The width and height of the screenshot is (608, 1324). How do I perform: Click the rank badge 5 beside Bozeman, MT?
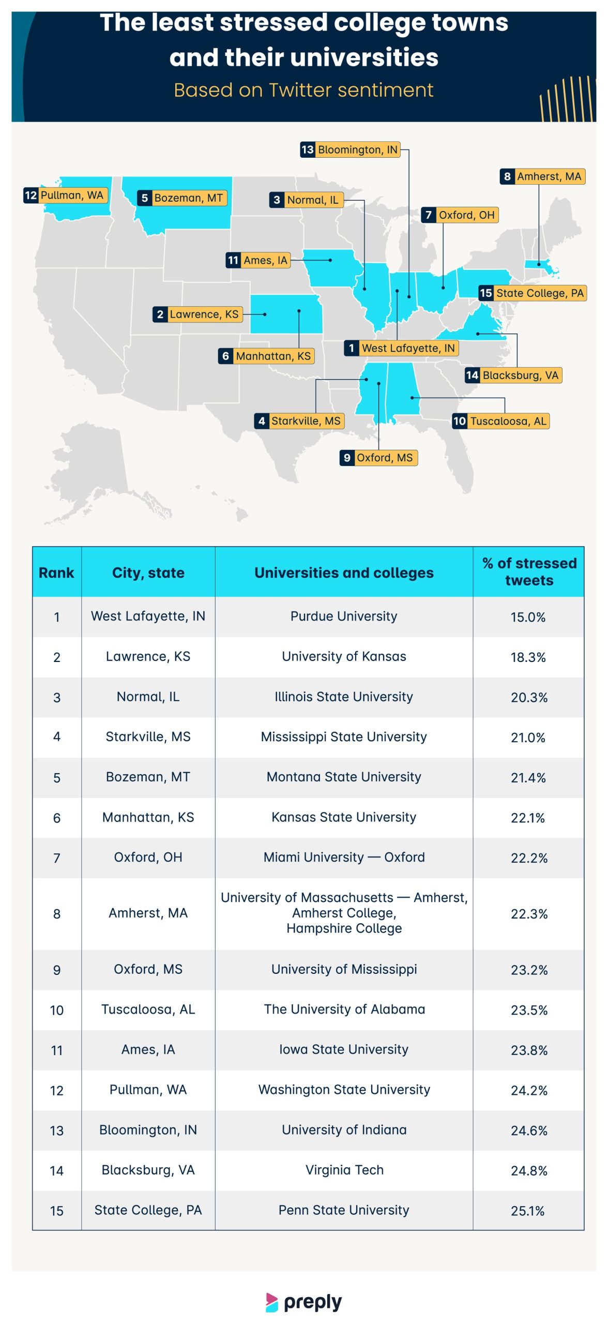(x=145, y=198)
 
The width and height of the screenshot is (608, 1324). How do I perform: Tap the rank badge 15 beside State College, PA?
(x=486, y=293)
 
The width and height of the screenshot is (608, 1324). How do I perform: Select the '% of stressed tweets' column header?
(x=528, y=571)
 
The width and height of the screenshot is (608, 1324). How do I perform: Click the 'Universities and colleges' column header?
(x=344, y=573)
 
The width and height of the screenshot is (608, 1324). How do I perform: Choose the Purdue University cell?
(x=344, y=616)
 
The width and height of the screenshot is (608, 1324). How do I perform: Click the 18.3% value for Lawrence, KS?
(x=528, y=657)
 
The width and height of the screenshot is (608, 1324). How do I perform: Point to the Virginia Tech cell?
(x=344, y=1170)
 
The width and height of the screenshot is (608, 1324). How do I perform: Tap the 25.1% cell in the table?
(x=528, y=1211)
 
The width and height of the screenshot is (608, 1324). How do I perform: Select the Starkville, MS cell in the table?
(x=148, y=736)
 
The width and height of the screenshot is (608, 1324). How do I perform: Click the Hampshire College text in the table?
(x=344, y=928)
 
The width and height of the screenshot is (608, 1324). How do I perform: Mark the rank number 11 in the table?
(x=57, y=1050)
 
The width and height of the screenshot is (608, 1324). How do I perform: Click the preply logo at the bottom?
(x=304, y=1302)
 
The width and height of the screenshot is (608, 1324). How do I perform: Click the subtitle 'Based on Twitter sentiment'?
(x=303, y=90)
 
